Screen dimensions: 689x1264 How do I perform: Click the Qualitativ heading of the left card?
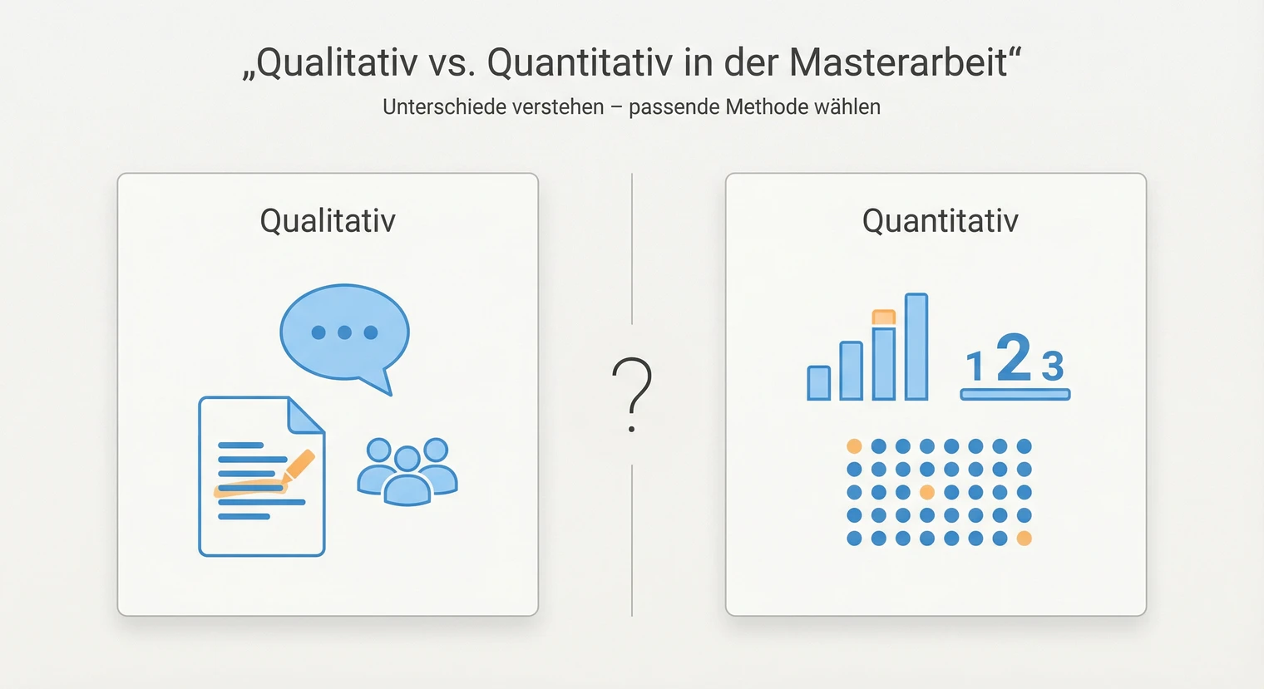(328, 221)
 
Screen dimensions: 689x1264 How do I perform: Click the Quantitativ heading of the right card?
(940, 221)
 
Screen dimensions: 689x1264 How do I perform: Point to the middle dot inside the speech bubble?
(344, 332)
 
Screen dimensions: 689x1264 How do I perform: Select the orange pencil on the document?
(299, 466)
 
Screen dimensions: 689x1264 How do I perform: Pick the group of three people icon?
(407, 472)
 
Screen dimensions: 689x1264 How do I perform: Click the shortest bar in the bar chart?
(818, 383)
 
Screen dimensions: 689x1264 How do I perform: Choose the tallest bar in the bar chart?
(916, 347)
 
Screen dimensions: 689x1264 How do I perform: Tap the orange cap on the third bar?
(883, 317)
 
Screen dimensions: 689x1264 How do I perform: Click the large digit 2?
(1014, 357)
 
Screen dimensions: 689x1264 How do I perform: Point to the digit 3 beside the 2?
(1053, 367)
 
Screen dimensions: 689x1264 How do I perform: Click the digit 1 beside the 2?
(975, 367)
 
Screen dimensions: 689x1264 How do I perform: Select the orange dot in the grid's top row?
(854, 446)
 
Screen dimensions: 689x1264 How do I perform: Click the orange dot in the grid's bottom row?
(1025, 539)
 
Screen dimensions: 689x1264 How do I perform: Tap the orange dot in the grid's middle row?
(927, 492)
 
